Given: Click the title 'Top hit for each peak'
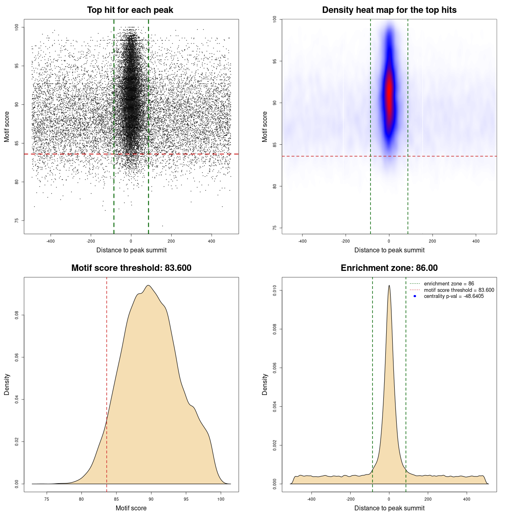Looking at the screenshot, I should (130, 10).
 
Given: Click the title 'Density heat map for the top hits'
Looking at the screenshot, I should (389, 10).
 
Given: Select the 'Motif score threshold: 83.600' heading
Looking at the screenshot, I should (131, 268).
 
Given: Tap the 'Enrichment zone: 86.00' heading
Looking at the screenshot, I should (389, 268).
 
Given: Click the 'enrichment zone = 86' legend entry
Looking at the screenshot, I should (449, 284).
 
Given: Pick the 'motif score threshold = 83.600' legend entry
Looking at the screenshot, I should (459, 290).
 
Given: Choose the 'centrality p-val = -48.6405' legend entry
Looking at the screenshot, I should (454, 296).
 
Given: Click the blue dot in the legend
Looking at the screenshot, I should (415, 296).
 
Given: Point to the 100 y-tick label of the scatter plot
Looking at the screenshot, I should (17, 27).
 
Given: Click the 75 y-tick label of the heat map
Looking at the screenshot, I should (275, 228).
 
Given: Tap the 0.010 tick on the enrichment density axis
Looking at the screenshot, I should (275, 290).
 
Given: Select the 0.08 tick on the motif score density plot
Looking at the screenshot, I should (17, 315).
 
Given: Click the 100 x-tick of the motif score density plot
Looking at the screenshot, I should (221, 499).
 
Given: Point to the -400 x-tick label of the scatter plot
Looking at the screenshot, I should (50, 241).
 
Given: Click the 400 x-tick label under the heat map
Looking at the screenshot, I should (476, 241).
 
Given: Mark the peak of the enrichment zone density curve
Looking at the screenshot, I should (389, 286).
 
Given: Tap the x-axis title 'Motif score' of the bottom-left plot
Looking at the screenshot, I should (131, 508).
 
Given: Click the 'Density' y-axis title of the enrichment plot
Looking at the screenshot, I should (265, 384).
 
